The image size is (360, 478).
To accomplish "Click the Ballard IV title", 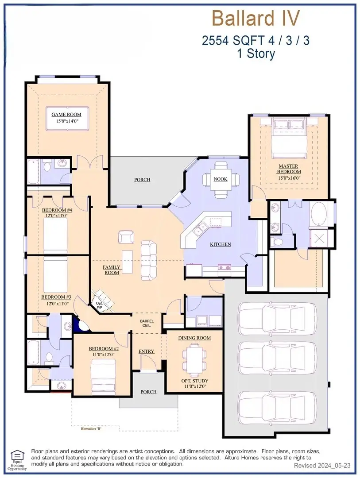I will click(x=256, y=19).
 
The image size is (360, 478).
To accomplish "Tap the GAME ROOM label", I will click(x=66, y=115).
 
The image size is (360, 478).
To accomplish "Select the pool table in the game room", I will click(x=67, y=117).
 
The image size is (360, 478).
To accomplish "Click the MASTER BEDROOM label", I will click(x=289, y=169).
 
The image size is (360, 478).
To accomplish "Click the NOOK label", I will click(x=221, y=179).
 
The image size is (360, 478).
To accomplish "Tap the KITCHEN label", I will click(x=221, y=244).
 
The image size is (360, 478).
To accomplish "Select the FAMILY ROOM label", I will click(x=111, y=270).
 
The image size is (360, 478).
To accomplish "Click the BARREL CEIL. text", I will click(x=146, y=323).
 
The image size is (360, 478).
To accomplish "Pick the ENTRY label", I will click(x=146, y=351).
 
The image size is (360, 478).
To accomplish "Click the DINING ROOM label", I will click(x=194, y=338).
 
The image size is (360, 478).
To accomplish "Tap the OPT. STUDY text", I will click(x=195, y=381).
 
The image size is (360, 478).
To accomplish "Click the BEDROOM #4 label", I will click(x=57, y=210).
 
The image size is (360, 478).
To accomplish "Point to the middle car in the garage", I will click(x=278, y=355).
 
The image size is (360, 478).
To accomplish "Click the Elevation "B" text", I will click(x=92, y=429).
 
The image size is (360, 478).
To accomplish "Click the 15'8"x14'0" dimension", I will click(x=66, y=121).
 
